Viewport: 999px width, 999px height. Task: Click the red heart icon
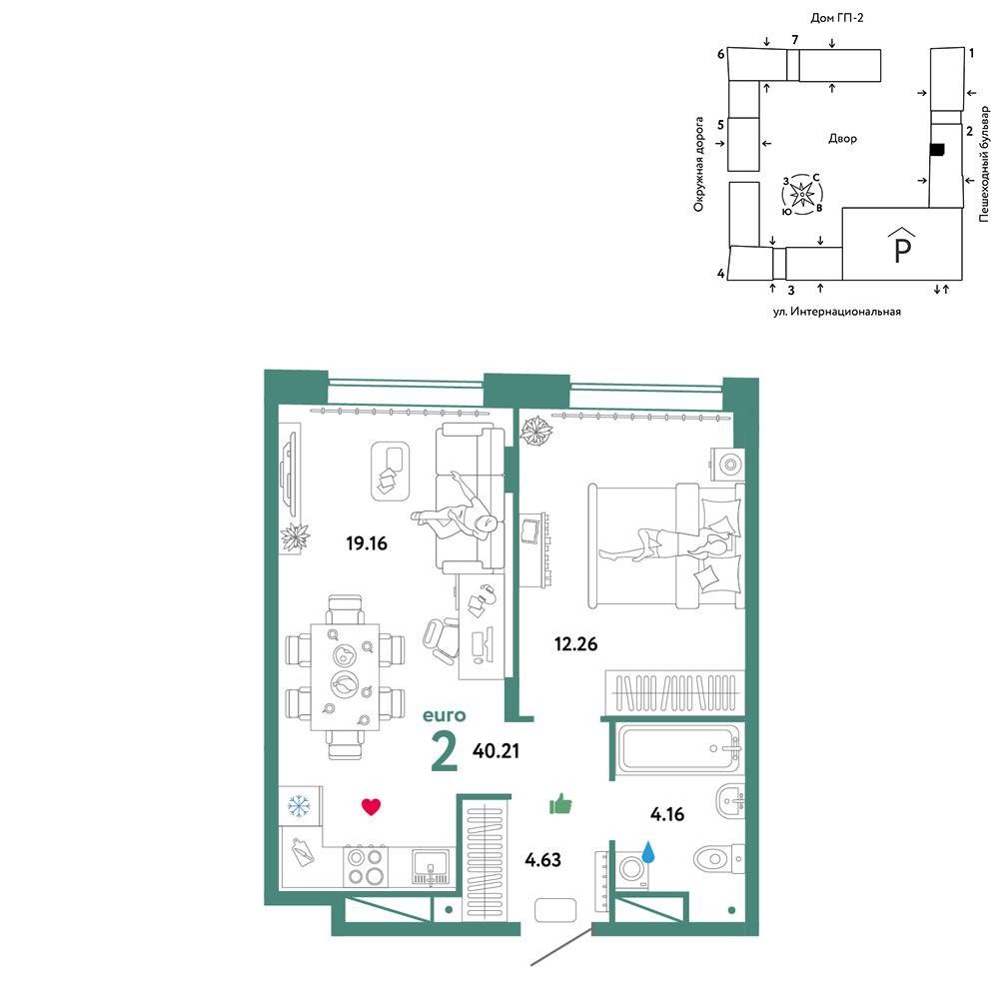(x=371, y=807)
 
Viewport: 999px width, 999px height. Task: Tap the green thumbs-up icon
(x=560, y=804)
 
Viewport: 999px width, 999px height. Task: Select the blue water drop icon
(x=648, y=852)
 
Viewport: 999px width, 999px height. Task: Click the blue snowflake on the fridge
(x=299, y=805)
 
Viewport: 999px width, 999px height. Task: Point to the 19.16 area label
(x=367, y=543)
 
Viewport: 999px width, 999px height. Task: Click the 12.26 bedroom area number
(x=576, y=644)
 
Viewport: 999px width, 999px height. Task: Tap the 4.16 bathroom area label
(x=667, y=814)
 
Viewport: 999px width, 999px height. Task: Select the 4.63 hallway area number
(x=542, y=860)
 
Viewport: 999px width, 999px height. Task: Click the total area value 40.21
(x=496, y=751)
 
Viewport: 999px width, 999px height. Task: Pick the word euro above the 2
(x=445, y=715)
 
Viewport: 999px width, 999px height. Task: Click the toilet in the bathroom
(x=718, y=859)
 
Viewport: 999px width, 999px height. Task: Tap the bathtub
(x=680, y=749)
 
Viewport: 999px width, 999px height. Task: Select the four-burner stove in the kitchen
(x=366, y=866)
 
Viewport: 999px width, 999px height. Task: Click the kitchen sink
(x=431, y=866)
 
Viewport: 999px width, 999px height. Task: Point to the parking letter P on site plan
(x=902, y=250)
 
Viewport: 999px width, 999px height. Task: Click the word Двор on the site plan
(x=842, y=138)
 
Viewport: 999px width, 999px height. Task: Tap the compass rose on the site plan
(x=802, y=193)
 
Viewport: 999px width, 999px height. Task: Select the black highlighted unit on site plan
(x=937, y=150)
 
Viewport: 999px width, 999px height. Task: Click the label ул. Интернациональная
(x=836, y=312)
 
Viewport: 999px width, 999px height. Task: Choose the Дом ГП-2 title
(x=836, y=18)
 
